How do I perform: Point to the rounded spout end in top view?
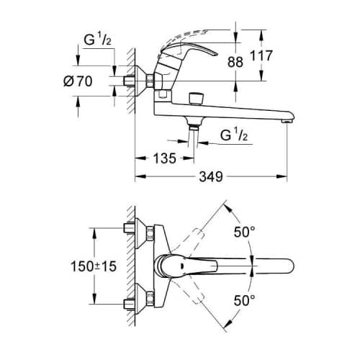pyautogui.click(x=288, y=266)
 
